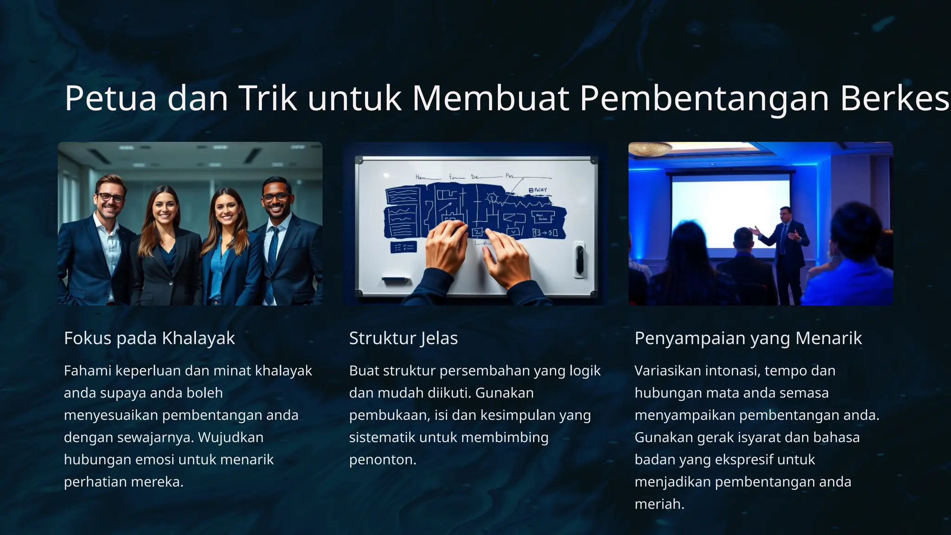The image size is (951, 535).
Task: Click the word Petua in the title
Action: (111, 98)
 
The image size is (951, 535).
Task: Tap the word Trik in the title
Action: (267, 98)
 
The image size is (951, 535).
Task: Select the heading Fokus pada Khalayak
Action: (149, 338)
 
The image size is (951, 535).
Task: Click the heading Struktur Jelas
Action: (403, 338)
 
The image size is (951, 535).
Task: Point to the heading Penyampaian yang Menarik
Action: (748, 338)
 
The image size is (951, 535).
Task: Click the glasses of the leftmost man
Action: (110, 197)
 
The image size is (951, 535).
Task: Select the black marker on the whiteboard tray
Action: (395, 280)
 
